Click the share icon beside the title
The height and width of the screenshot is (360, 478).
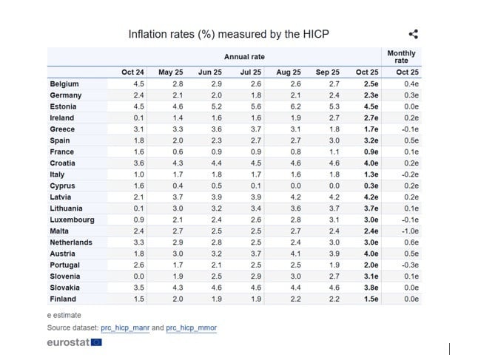[x=414, y=34]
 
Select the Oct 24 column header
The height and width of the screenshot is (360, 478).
[x=132, y=72]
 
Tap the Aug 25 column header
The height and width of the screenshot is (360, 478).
[x=288, y=72]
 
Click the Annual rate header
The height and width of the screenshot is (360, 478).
[x=244, y=57]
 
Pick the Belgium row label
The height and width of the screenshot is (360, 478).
[x=64, y=84]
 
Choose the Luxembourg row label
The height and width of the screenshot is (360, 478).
[x=72, y=220]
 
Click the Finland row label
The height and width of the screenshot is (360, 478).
[x=64, y=299]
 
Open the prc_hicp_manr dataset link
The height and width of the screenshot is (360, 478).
[x=131, y=327]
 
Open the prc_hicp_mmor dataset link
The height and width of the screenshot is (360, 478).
[x=191, y=327]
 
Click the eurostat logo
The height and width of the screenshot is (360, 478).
[x=74, y=342]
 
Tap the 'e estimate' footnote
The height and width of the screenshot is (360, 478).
[x=64, y=315]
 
